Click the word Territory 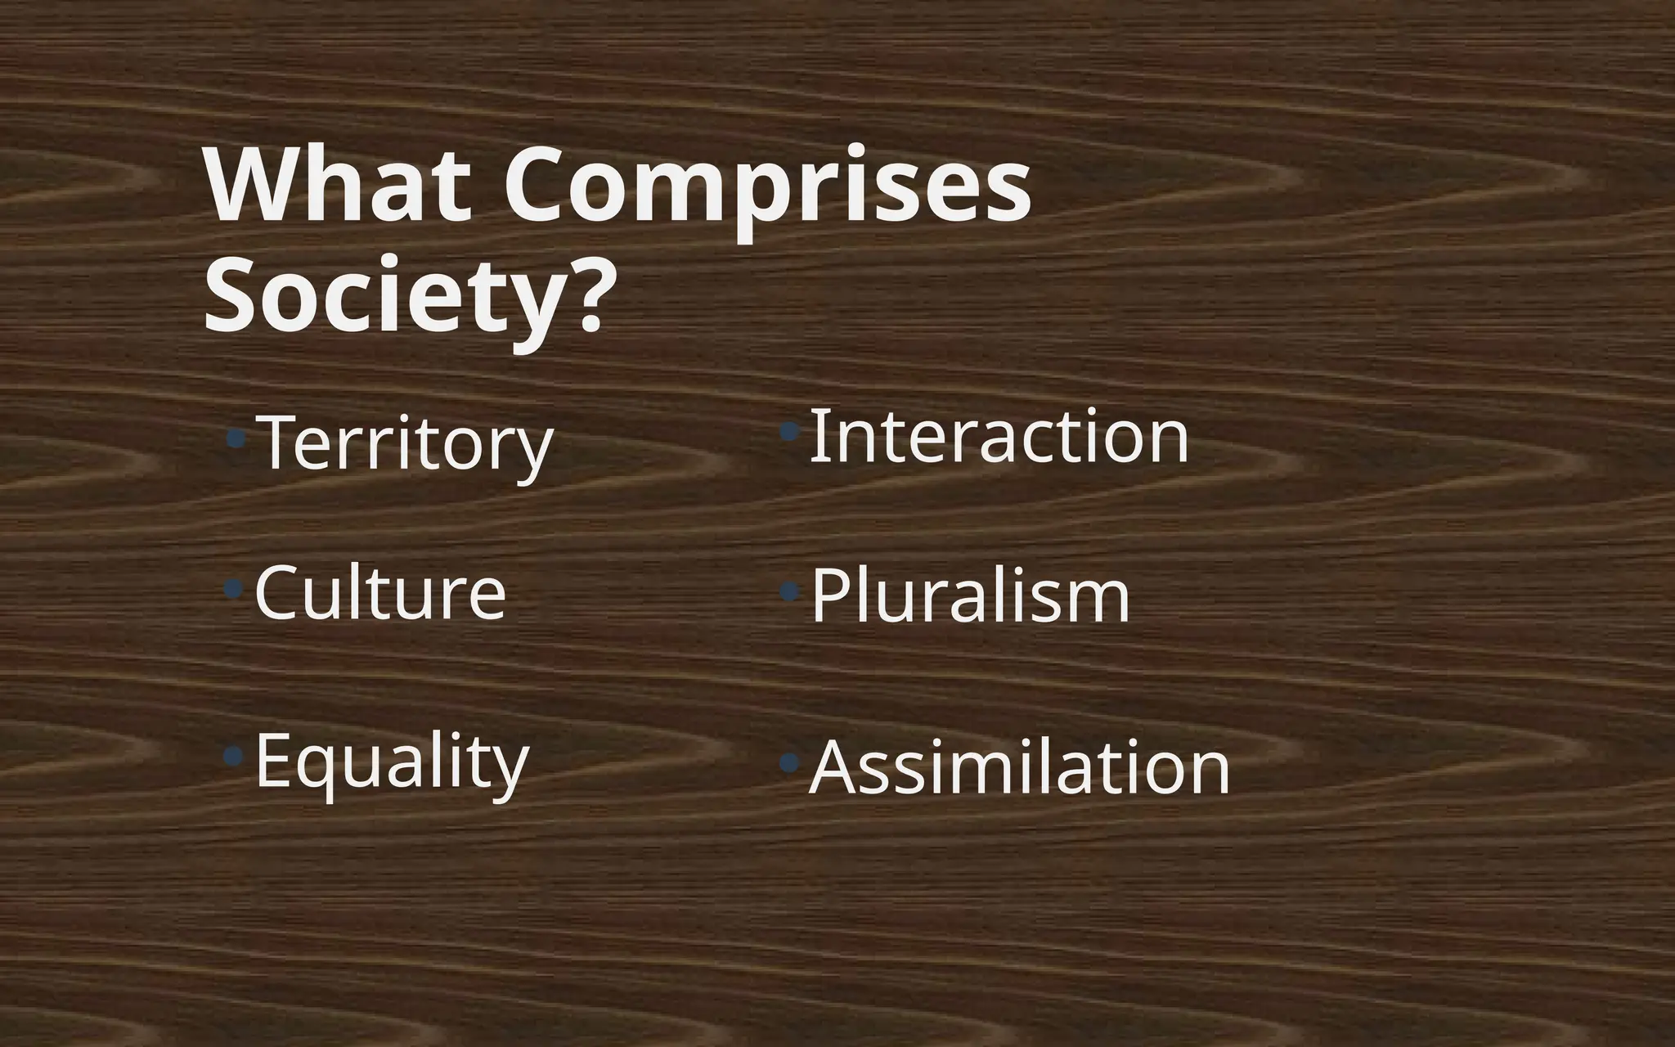(405, 443)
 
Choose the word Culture (380, 592)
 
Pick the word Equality (392, 762)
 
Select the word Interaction (999, 436)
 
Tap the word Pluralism (970, 596)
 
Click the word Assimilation (1019, 767)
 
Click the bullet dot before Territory (236, 439)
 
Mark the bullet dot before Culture (235, 588)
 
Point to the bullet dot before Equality (235, 754)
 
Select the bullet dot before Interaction (789, 431)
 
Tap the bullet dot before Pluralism (789, 591)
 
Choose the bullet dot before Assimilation (789, 763)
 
